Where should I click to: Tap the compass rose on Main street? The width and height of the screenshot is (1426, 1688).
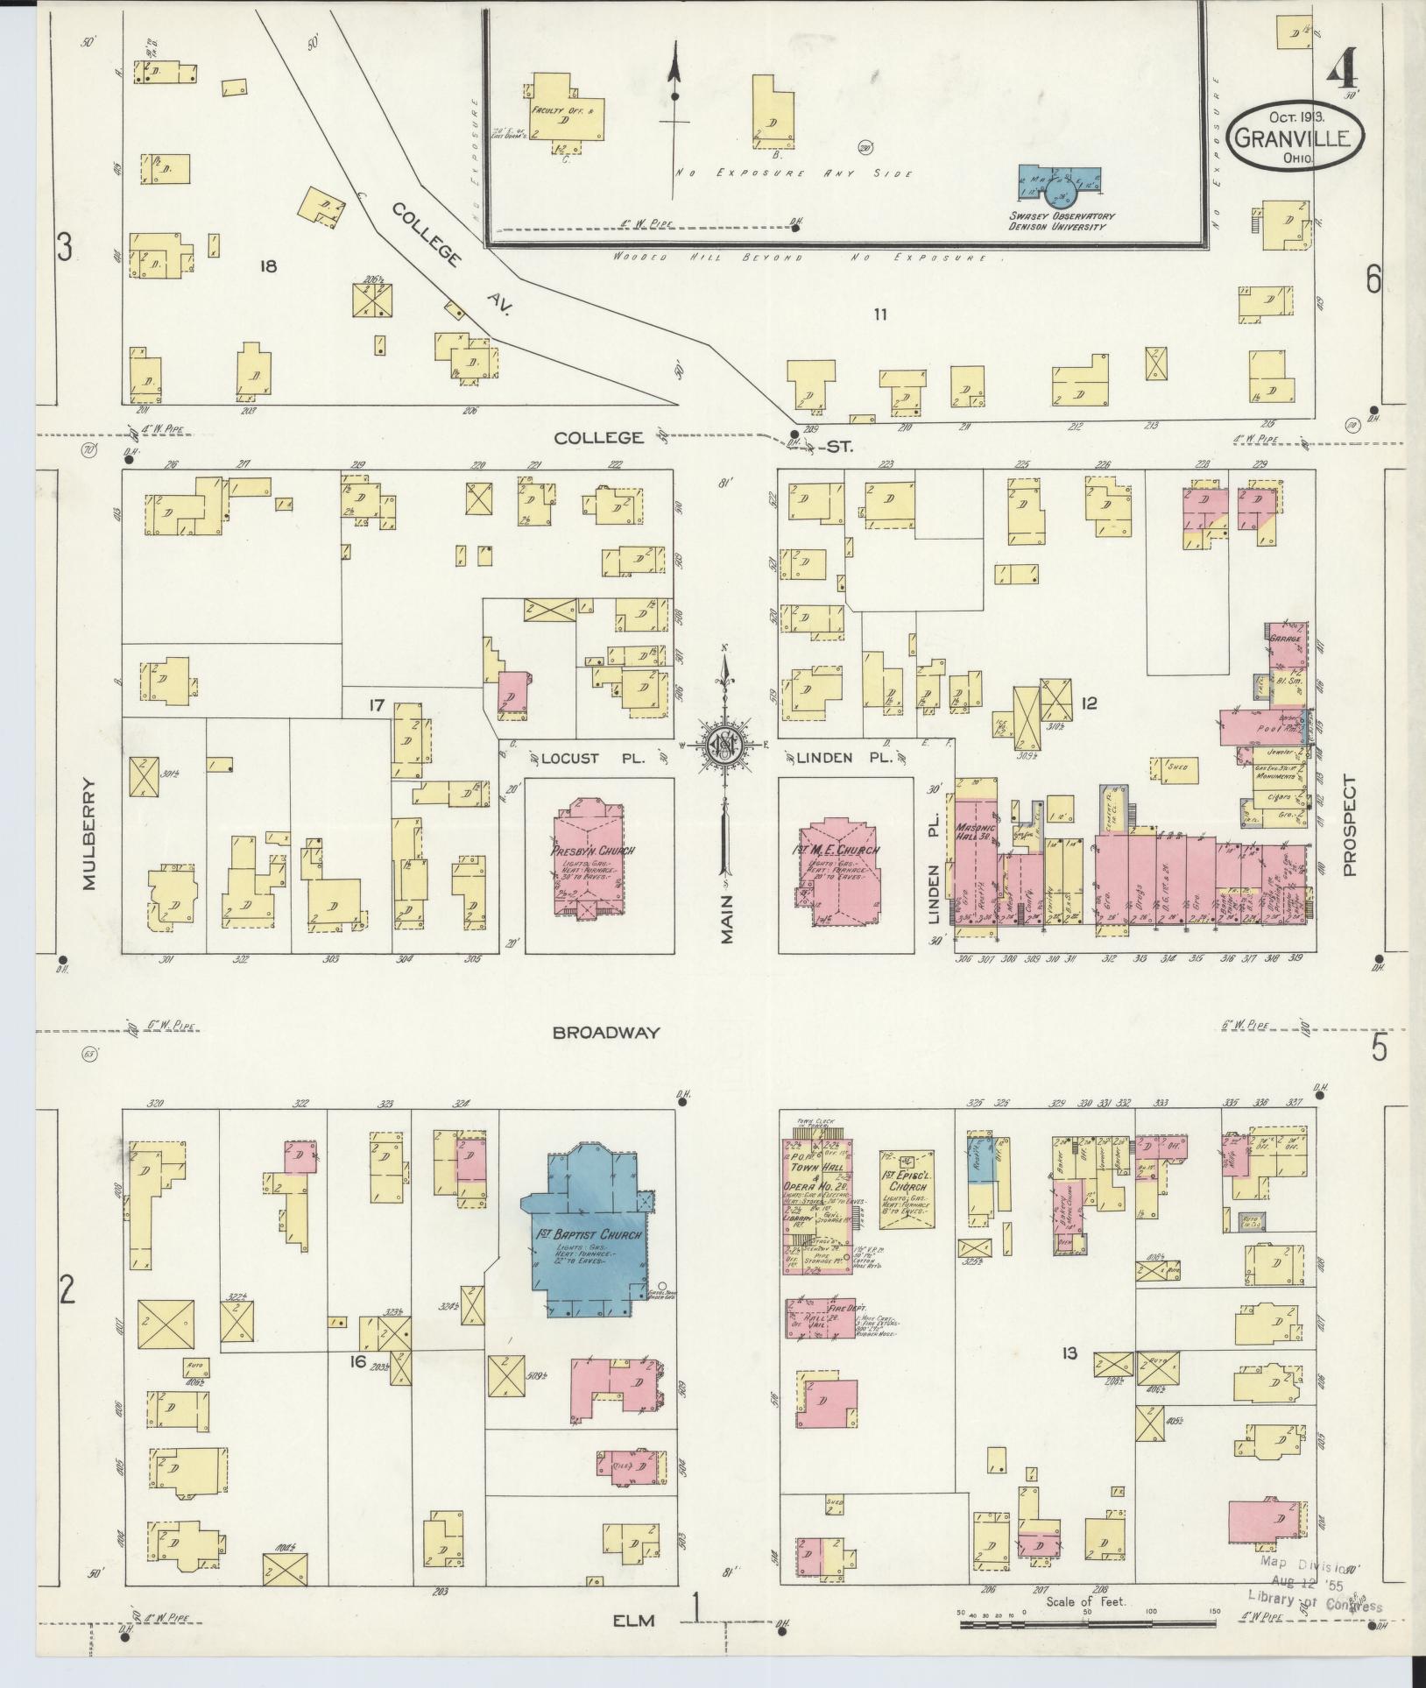tap(725, 745)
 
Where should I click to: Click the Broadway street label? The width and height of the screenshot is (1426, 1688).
tap(605, 1033)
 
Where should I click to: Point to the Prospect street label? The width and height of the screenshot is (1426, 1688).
tap(1349, 826)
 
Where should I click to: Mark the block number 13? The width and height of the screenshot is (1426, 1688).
tap(1069, 1354)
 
